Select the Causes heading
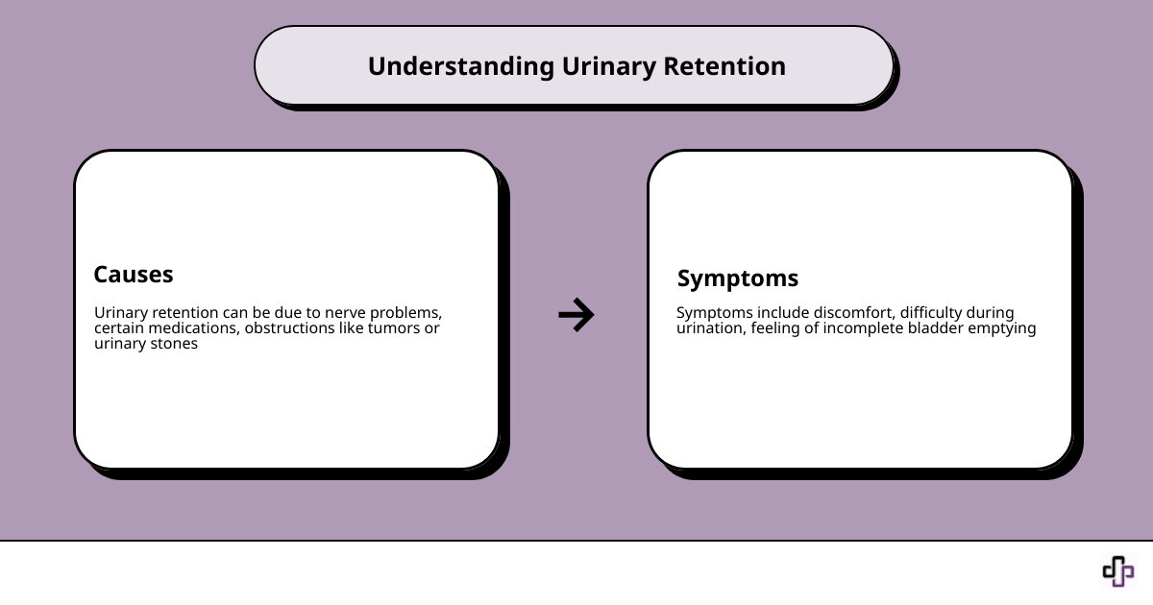tap(134, 275)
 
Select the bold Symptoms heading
tap(737, 278)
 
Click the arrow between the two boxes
tap(576, 314)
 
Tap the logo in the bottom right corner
tap(1117, 571)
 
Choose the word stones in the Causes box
tap(173, 344)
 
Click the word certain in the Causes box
tap(118, 328)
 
